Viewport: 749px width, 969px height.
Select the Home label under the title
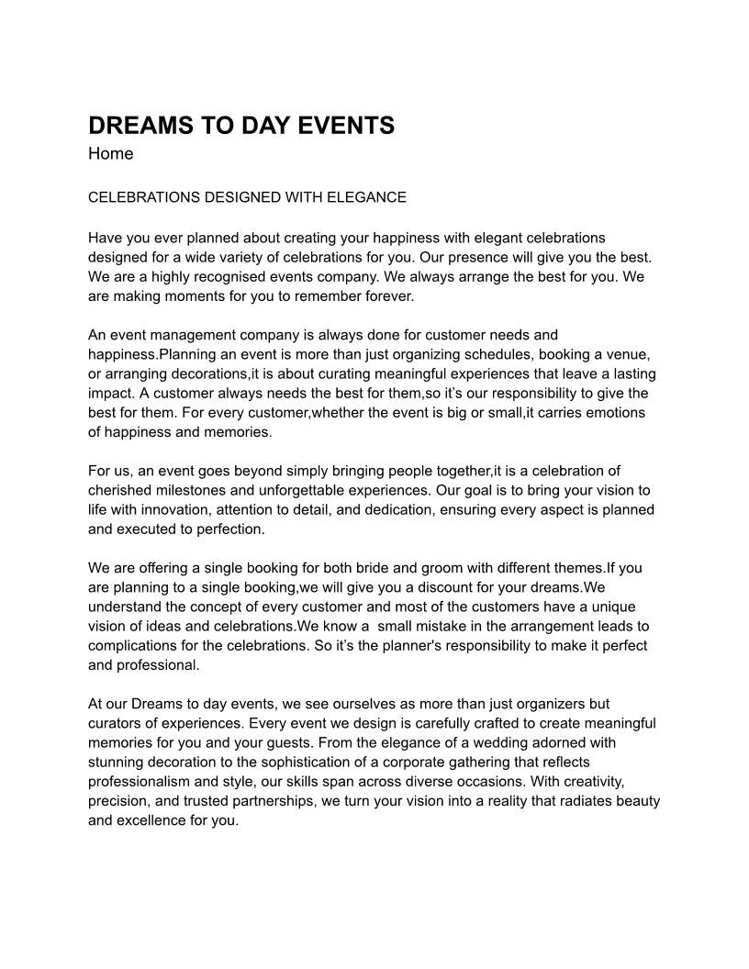pyautogui.click(x=111, y=154)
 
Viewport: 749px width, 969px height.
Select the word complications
pyautogui.click(x=130, y=646)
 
